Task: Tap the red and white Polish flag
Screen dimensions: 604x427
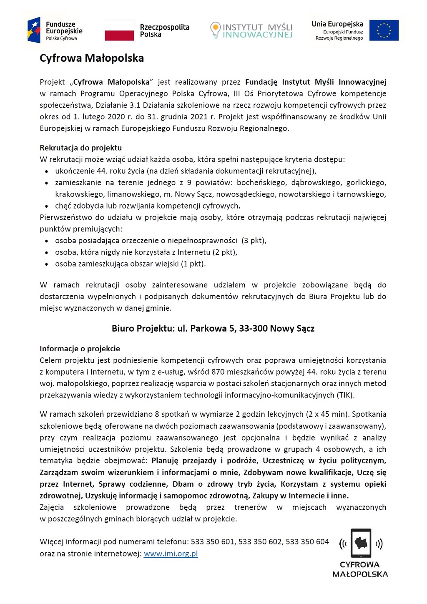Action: click(119, 30)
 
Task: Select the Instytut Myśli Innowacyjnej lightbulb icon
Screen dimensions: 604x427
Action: click(215, 30)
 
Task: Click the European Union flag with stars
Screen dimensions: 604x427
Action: click(384, 30)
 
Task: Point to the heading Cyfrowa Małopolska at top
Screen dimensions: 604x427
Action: click(92, 58)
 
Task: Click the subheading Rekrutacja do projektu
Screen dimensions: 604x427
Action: click(81, 148)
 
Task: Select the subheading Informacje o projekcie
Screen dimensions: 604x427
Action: click(80, 349)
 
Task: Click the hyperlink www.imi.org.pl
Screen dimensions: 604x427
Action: click(171, 554)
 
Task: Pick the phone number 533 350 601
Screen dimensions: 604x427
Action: click(213, 542)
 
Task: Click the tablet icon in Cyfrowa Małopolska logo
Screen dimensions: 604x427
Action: click(361, 543)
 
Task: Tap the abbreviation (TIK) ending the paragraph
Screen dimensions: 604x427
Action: click(345, 395)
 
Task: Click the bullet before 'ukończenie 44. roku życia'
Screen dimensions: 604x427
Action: click(47, 171)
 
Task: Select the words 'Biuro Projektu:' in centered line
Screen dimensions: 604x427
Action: click(143, 329)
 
